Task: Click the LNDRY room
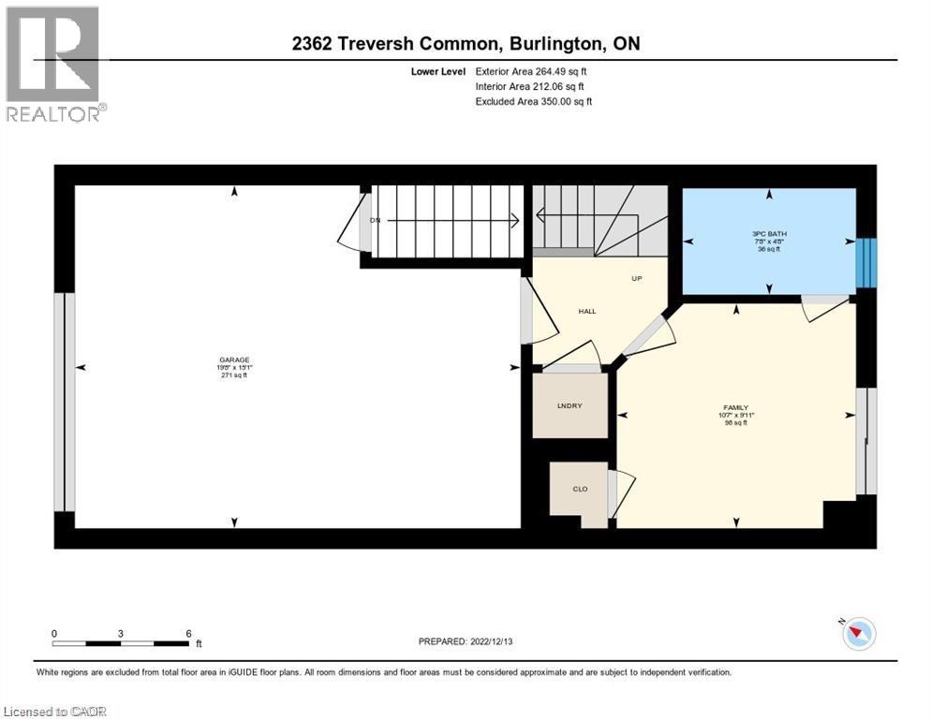(569, 405)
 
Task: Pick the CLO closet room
(580, 488)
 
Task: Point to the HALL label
(586, 312)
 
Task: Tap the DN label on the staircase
(376, 220)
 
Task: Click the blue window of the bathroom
(868, 262)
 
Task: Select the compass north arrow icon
(858, 634)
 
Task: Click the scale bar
(121, 643)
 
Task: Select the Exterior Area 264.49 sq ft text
(531, 71)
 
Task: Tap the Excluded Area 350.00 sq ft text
(533, 101)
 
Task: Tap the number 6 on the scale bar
(188, 633)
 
